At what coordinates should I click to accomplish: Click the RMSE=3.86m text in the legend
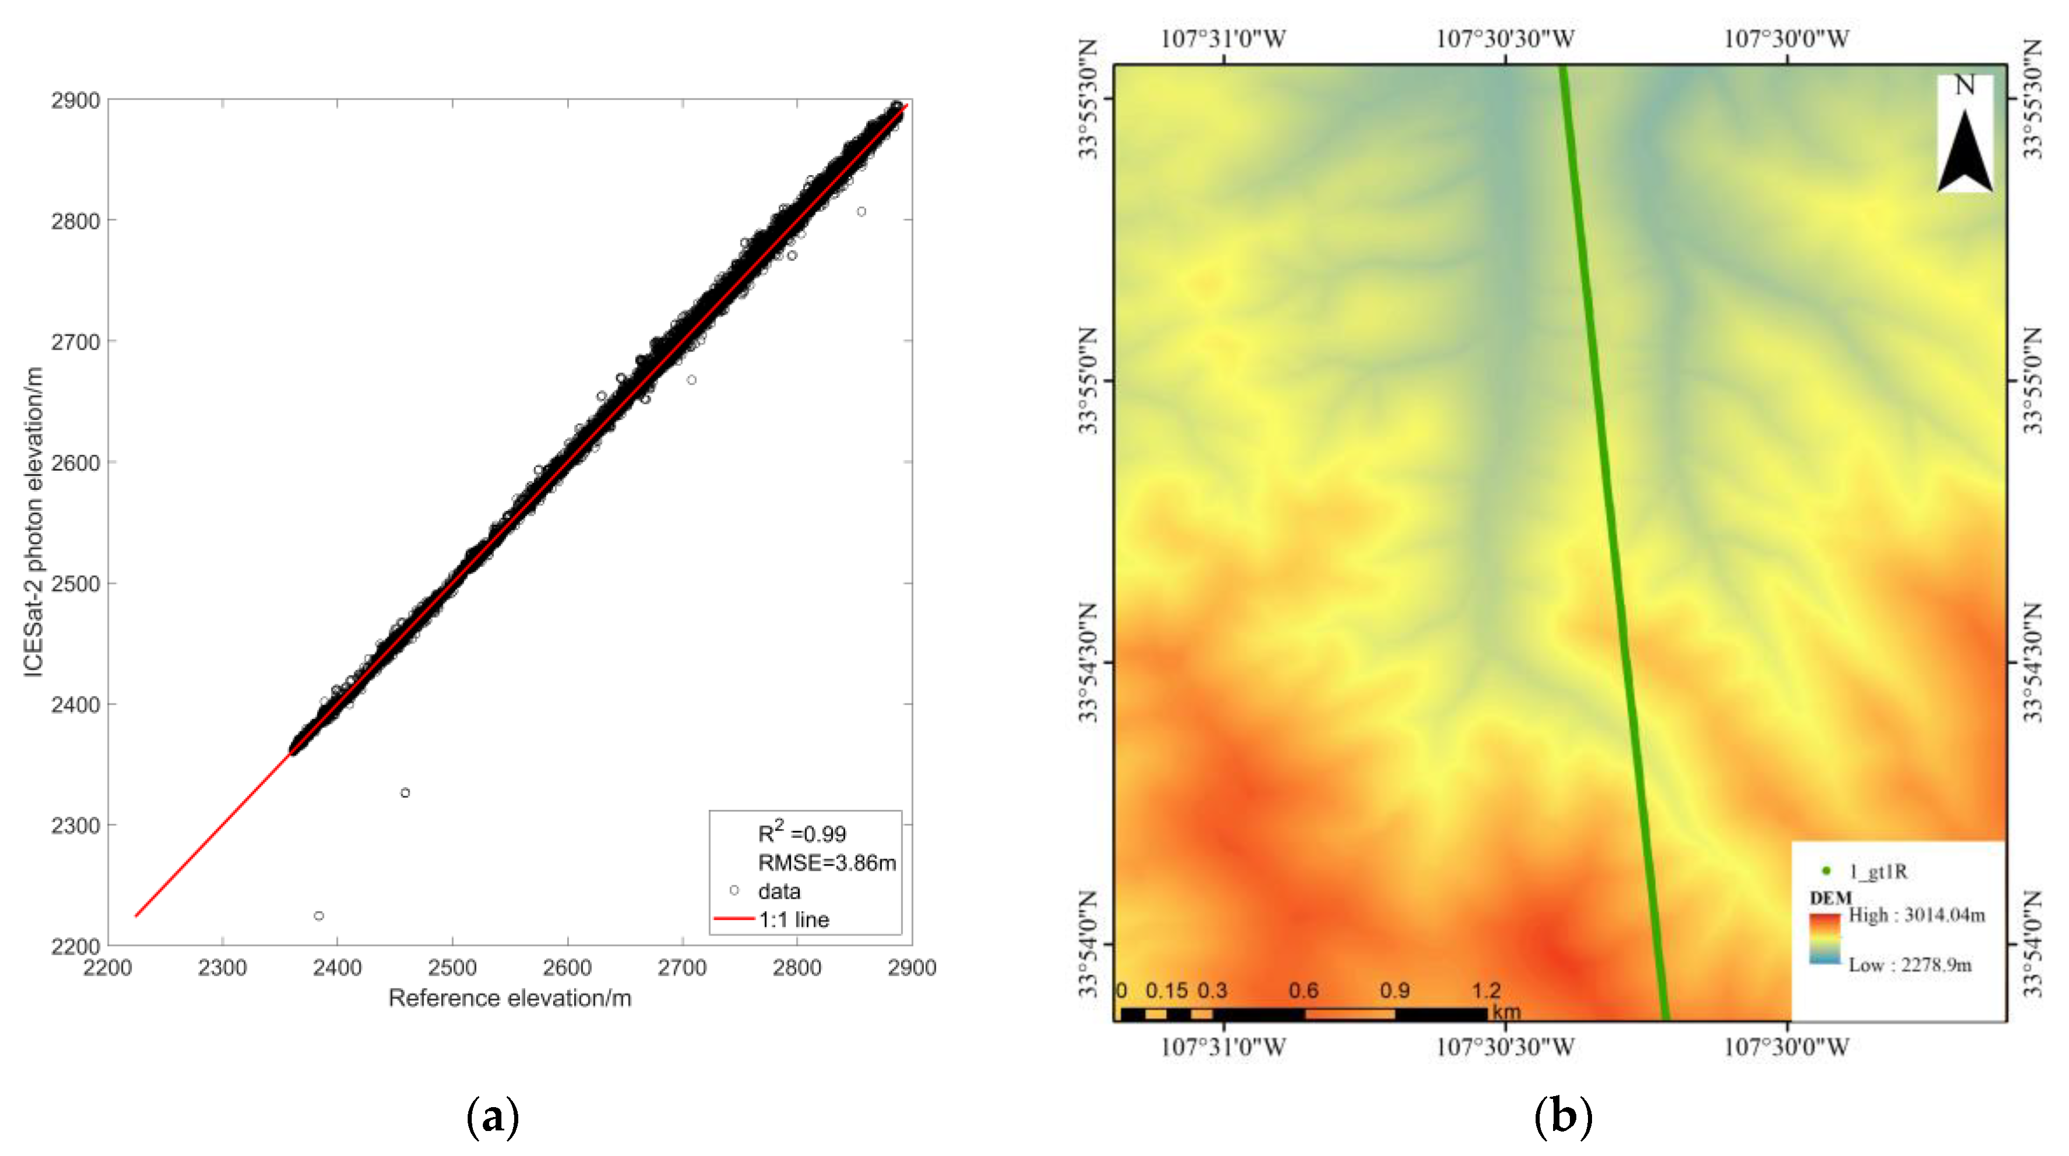827,863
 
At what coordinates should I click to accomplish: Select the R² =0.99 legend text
802,833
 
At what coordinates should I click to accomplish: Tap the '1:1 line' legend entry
793,920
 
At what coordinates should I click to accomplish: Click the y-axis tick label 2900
76,101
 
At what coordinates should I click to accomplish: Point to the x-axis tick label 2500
452,968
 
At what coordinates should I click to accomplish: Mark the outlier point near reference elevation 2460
405,793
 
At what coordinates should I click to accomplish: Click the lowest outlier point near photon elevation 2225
319,916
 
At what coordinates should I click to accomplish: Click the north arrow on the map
1964,152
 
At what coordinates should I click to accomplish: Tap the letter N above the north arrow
1964,85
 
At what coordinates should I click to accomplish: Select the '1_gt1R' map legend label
1878,872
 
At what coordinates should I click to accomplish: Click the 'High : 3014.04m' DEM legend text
1917,915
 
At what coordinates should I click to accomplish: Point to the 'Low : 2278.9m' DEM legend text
1910,965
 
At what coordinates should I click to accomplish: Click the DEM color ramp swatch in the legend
1825,938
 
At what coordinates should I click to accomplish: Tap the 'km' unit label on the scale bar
1506,1011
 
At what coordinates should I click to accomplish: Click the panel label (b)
1563,1116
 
